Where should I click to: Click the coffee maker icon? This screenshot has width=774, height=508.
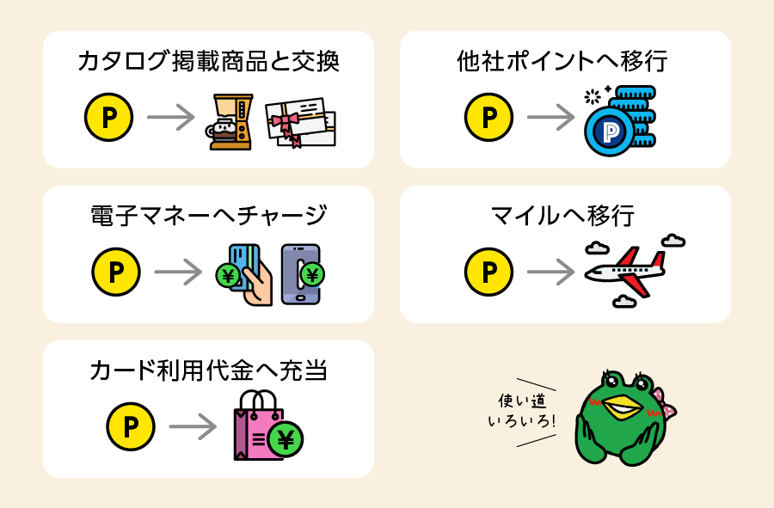tap(230, 122)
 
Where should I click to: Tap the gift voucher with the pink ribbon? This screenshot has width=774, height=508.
tap(301, 123)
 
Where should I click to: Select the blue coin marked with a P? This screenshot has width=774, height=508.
tap(609, 132)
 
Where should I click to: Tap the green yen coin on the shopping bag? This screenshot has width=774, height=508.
tap(286, 439)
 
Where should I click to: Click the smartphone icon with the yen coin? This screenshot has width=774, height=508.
tap(302, 274)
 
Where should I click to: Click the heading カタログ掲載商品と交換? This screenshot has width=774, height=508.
tap(208, 62)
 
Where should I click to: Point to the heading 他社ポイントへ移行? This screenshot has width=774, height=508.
tap(562, 62)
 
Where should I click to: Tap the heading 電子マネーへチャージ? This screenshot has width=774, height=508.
tap(208, 216)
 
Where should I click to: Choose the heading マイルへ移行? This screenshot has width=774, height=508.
tap(562, 216)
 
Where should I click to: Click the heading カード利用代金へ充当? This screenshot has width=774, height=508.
tap(208, 370)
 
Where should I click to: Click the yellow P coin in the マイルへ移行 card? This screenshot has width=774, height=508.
tap(488, 272)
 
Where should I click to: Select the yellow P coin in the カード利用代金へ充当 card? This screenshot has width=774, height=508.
tap(131, 426)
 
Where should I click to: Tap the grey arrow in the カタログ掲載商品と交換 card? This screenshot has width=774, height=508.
tap(171, 118)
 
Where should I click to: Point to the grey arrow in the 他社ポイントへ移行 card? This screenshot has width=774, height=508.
tap(551, 118)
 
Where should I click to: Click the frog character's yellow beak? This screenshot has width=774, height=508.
tap(623, 407)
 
